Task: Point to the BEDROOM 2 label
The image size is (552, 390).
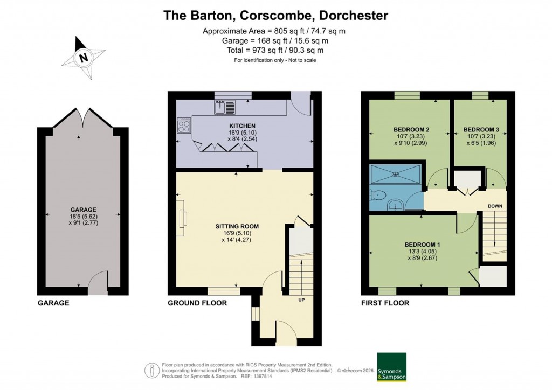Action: click(411, 130)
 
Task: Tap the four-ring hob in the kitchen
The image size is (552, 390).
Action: click(184, 126)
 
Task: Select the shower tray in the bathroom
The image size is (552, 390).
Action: click(396, 174)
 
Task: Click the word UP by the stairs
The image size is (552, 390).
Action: click(302, 300)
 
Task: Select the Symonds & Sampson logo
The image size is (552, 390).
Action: click(391, 367)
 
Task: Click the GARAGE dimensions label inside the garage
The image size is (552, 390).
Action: click(82, 216)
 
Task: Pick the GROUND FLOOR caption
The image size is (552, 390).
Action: click(197, 303)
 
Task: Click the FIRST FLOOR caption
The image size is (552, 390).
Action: click(385, 303)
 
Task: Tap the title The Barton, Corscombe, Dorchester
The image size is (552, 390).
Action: click(275, 15)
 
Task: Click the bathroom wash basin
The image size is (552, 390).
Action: click(397, 204)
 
